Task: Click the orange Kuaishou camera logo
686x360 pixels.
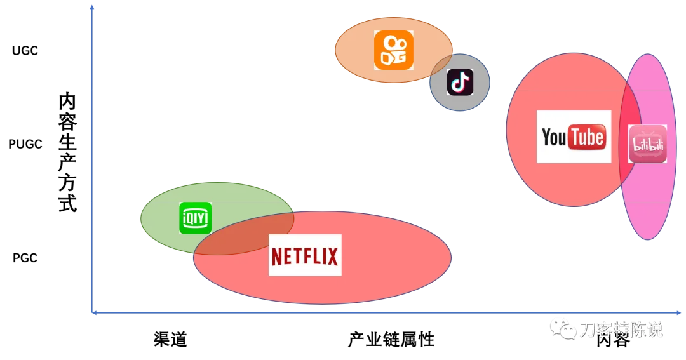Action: pyautogui.click(x=393, y=50)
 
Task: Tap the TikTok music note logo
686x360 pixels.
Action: pyautogui.click(x=460, y=82)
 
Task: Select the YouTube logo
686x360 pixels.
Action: pyautogui.click(x=574, y=137)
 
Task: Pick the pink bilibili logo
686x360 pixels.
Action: pyautogui.click(x=647, y=144)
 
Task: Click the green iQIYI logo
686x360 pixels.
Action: pyautogui.click(x=195, y=218)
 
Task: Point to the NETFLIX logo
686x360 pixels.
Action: pyautogui.click(x=305, y=255)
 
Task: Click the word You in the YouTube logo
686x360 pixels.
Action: pyautogui.click(x=554, y=137)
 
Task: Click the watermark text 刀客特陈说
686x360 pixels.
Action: pyautogui.click(x=621, y=330)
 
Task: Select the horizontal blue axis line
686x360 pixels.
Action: pyautogui.click(x=381, y=312)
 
